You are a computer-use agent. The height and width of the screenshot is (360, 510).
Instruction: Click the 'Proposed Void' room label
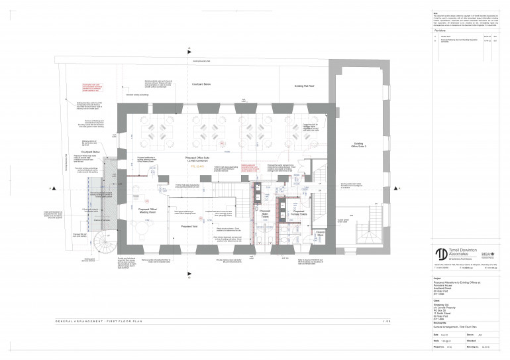pos(190,227)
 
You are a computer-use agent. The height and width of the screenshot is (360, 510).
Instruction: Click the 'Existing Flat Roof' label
pos(307,86)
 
